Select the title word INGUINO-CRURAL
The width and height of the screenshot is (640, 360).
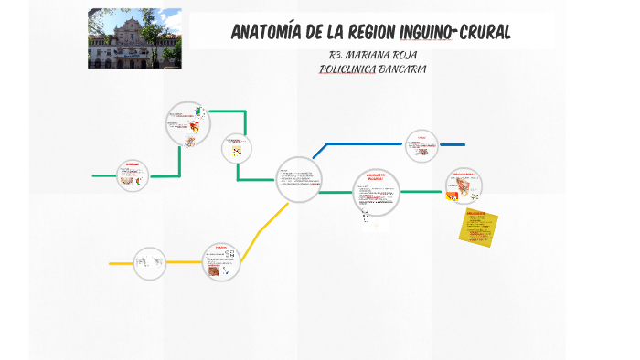pyautogui.click(x=456, y=33)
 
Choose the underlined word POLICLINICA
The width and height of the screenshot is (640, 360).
pyautogui.click(x=341, y=69)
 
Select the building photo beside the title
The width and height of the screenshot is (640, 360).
pyautogui.click(x=133, y=38)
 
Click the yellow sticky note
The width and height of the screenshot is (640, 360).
pyautogui.click(x=479, y=228)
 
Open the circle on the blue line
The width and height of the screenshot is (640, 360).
pyautogui.click(x=421, y=145)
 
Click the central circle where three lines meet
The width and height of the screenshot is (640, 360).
pyautogui.click(x=299, y=179)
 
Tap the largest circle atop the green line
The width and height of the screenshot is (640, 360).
pyautogui.click(x=187, y=123)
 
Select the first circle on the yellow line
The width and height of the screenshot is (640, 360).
pyautogui.click(x=149, y=263)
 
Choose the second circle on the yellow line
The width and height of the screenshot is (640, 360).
pyautogui.click(x=221, y=260)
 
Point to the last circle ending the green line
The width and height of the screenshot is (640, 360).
pyautogui.click(x=462, y=186)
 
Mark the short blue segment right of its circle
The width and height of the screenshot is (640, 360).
pyautogui.click(x=452, y=144)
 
